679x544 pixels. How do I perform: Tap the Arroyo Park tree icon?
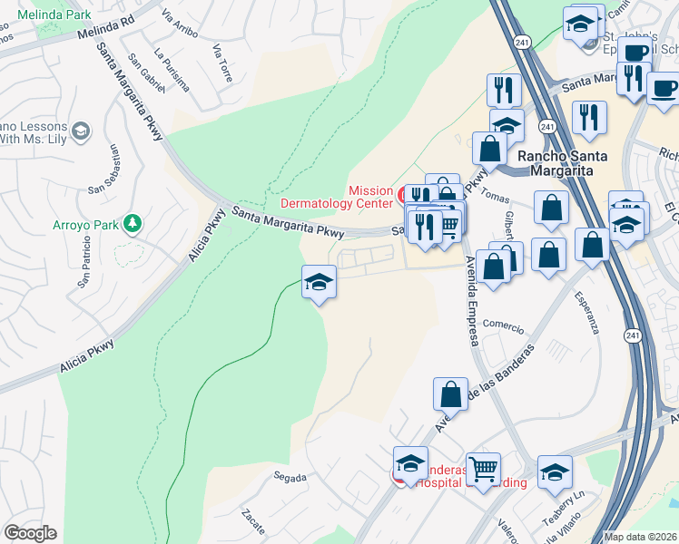[133, 222]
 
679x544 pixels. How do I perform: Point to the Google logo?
[30, 533]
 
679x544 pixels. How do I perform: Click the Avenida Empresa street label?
[471, 300]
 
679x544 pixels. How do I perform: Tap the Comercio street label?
[504, 324]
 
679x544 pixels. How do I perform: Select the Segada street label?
[291, 477]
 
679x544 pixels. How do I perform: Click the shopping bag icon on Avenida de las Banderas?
[451, 395]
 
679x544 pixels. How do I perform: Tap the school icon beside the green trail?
[319, 282]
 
